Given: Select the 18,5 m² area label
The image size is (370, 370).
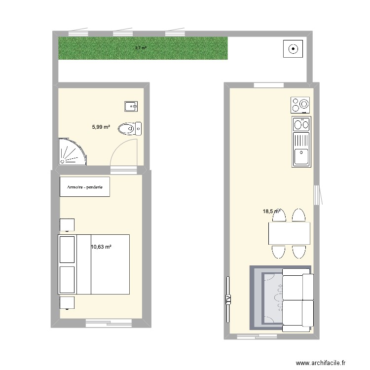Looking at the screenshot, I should pyautogui.click(x=271, y=211).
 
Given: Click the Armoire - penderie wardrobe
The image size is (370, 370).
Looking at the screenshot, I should pyautogui.click(x=85, y=187).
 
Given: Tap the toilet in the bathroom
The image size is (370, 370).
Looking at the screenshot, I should pyautogui.click(x=129, y=129).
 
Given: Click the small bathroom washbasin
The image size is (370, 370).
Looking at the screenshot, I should pyautogui.click(x=131, y=106).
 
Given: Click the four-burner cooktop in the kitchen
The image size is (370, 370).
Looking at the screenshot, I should pyautogui.click(x=301, y=105).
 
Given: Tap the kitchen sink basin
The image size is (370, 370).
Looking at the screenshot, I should pyautogui.click(x=300, y=157).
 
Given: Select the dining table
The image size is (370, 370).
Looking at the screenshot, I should pyautogui.click(x=289, y=233).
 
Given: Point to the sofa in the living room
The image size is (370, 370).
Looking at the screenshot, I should pyautogui.click(x=297, y=299).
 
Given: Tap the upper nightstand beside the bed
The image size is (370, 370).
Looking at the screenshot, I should pyautogui.click(x=67, y=224).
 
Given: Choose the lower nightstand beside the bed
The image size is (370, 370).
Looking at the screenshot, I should pyautogui.click(x=67, y=302).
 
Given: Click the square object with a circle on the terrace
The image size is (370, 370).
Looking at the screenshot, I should pyautogui.click(x=293, y=48).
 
